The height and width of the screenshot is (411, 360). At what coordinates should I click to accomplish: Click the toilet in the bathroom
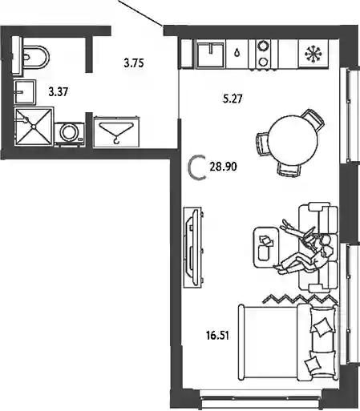34,57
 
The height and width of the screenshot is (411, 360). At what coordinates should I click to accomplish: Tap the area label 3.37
59,92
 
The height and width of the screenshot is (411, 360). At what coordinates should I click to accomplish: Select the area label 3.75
134,63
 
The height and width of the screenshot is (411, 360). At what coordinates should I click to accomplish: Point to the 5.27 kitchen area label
233,99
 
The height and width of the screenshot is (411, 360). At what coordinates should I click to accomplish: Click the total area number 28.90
224,167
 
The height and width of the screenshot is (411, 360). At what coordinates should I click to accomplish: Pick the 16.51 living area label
218,335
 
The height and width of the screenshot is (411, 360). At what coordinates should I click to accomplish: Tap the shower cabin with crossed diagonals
34,126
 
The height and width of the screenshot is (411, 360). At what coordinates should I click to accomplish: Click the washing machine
70,134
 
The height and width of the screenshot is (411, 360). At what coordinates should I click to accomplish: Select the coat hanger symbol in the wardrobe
116,131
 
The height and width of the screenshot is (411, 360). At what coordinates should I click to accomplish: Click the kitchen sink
211,54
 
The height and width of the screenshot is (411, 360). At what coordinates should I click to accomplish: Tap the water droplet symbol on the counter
237,52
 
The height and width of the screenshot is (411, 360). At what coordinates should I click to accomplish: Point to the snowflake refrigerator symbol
313,54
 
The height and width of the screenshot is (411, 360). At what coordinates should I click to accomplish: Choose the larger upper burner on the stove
263,46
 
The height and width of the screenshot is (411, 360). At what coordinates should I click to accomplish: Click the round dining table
293,140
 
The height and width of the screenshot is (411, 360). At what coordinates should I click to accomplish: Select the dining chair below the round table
288,169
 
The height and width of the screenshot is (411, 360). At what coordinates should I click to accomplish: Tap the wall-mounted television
193,248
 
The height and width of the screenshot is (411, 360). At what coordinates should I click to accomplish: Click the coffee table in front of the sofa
265,248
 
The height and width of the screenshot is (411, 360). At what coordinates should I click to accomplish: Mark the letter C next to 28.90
196,167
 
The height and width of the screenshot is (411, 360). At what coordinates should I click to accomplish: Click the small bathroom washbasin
25,92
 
